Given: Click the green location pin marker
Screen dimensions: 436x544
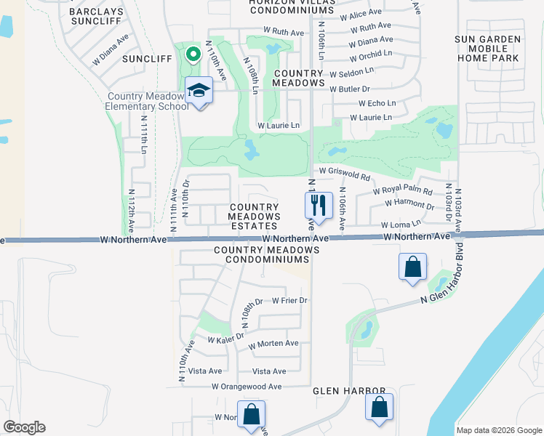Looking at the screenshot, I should [x=193, y=54].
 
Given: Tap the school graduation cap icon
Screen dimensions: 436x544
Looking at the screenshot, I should [x=198, y=91].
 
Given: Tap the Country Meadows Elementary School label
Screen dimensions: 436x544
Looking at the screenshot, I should [x=148, y=101].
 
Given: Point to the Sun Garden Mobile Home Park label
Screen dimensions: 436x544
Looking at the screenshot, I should [x=487, y=48].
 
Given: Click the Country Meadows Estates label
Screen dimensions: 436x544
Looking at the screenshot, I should [x=255, y=217].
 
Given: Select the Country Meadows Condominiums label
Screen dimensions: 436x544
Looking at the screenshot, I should [x=267, y=254].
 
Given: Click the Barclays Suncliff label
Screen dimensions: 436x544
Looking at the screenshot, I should [x=100, y=17].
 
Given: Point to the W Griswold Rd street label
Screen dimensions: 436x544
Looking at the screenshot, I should [x=344, y=174].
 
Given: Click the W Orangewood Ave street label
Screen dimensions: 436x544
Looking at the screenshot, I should [x=247, y=387].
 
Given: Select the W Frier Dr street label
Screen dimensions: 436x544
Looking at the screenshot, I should [x=290, y=300].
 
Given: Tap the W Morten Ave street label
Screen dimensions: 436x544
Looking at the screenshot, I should [x=273, y=344].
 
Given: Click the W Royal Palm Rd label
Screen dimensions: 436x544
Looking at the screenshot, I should [x=403, y=191].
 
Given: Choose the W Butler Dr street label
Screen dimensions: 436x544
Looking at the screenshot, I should [x=350, y=89].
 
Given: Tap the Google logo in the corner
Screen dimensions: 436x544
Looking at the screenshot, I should [x=24, y=427].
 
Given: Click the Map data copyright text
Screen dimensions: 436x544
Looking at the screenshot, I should [x=498, y=430].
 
